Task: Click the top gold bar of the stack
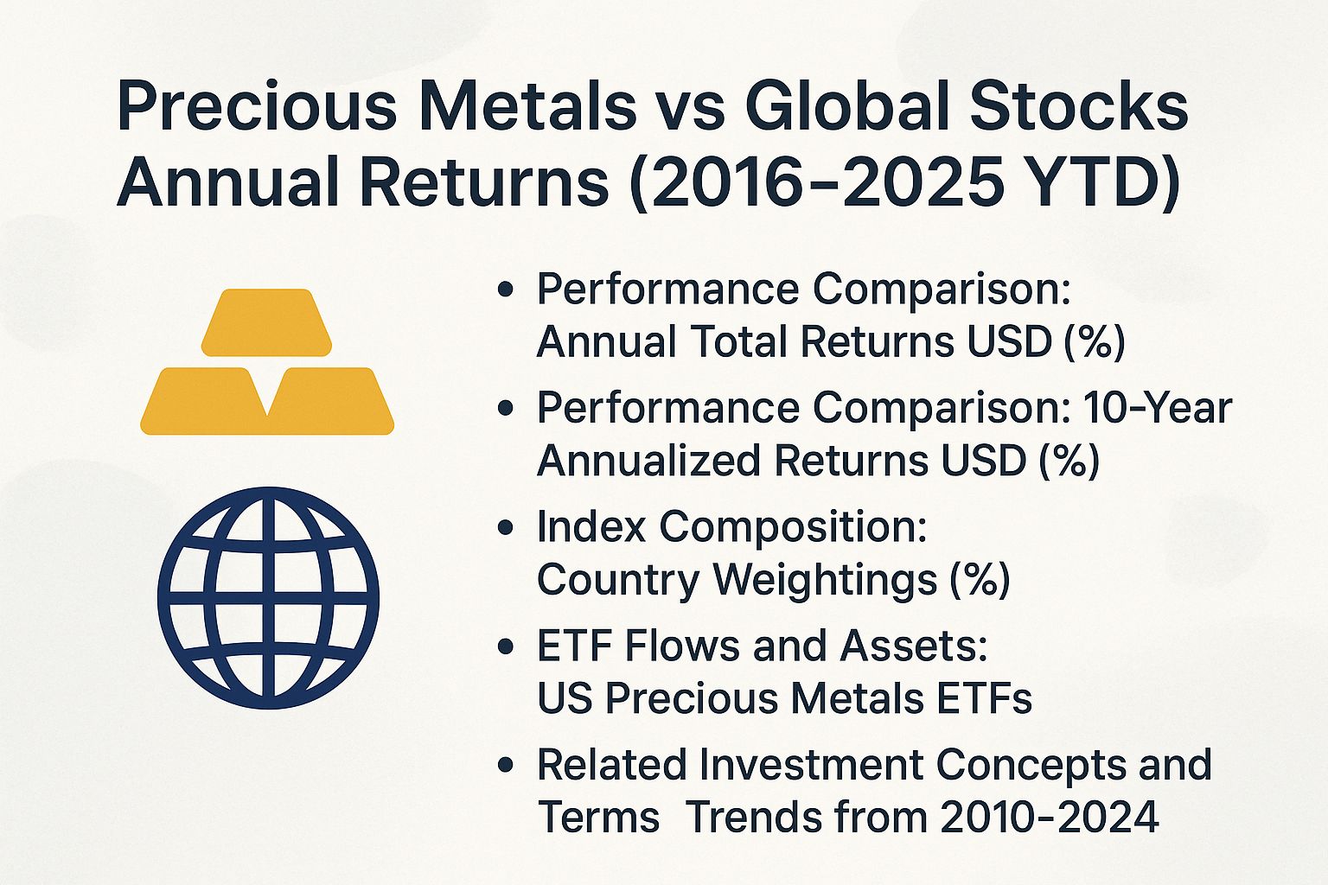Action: (x=266, y=322)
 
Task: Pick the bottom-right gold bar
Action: (x=332, y=401)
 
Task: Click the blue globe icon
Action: (x=268, y=598)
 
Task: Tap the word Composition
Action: (x=793, y=527)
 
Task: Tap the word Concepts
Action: (x=1024, y=764)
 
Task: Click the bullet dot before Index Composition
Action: (x=507, y=527)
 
